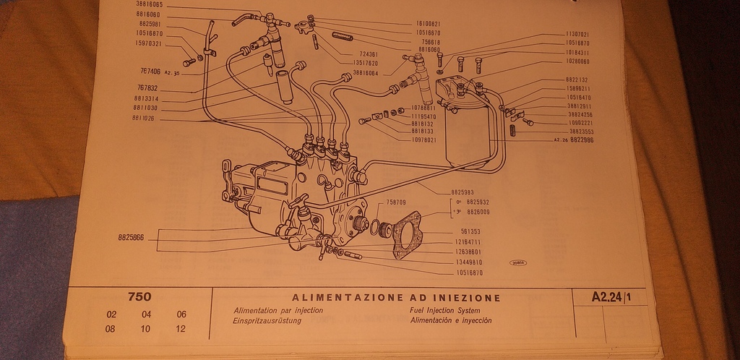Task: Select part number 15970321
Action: pyautogui.click(x=148, y=43)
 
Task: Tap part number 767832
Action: pyautogui.click(x=148, y=88)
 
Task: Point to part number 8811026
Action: pyautogui.click(x=148, y=118)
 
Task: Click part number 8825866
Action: pyautogui.click(x=130, y=236)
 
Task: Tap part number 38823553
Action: pyautogui.click(x=582, y=132)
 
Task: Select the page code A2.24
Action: pyautogui.click(x=606, y=296)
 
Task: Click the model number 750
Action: pyautogui.click(x=139, y=296)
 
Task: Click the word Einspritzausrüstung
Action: pyautogui.click(x=267, y=320)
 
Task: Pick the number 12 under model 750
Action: pyautogui.click(x=181, y=329)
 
